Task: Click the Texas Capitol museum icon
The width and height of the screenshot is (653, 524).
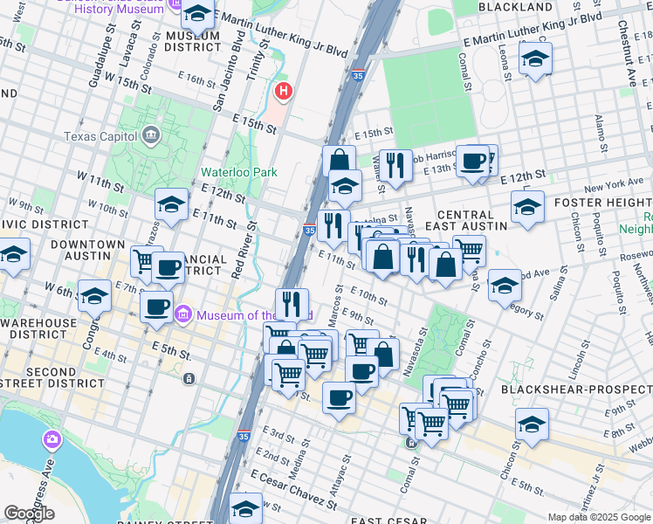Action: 150,136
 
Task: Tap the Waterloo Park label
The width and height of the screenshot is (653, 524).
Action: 238,172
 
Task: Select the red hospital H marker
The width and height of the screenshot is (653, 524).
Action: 283,91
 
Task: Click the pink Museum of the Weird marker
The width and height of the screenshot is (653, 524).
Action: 183,314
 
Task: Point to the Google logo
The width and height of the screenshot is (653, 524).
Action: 29,514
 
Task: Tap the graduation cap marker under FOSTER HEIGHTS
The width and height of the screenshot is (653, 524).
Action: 527,208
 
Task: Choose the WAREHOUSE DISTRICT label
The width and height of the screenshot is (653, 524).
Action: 38,329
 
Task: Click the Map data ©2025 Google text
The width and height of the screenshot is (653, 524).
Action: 599,517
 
